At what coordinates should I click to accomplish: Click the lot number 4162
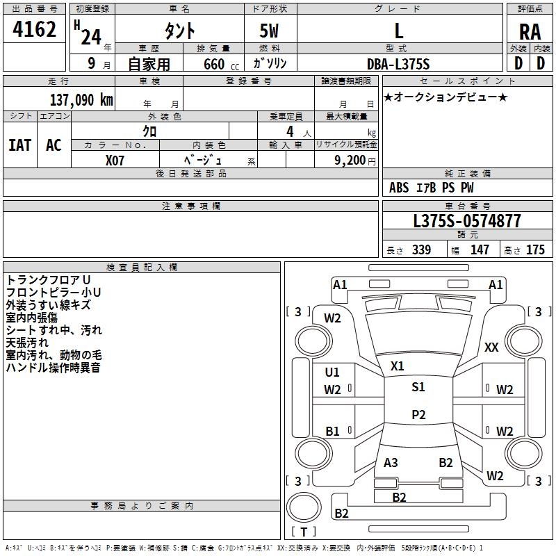(x=34, y=29)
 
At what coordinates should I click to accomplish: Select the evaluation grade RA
(x=530, y=32)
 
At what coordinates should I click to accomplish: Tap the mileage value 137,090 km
(x=81, y=100)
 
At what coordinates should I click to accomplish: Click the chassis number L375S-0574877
(x=467, y=221)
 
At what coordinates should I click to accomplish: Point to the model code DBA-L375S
(x=398, y=64)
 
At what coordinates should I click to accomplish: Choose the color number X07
(x=115, y=161)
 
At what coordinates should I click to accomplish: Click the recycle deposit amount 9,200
(x=350, y=160)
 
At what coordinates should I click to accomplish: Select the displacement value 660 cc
(x=221, y=64)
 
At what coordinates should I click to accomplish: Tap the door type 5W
(x=269, y=31)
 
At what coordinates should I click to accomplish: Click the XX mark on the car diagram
(x=491, y=347)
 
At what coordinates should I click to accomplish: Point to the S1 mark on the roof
(x=418, y=386)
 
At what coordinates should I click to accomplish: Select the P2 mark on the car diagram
(x=418, y=414)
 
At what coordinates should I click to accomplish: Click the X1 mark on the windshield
(x=397, y=366)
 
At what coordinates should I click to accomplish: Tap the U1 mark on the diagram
(x=332, y=373)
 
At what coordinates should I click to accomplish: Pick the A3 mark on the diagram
(x=391, y=462)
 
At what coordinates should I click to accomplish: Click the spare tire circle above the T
(x=304, y=507)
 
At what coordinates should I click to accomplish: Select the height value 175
(x=535, y=250)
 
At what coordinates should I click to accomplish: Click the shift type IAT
(x=20, y=145)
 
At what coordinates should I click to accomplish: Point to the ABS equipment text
(x=399, y=188)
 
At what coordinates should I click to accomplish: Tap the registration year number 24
(x=91, y=37)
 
